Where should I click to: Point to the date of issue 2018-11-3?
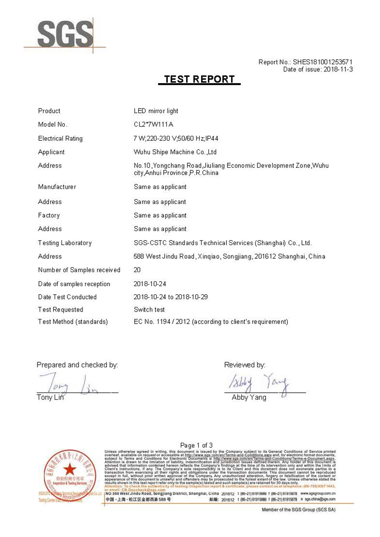[x=337, y=69]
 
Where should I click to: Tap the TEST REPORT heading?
[x=200, y=80]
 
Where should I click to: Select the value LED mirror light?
[x=156, y=111]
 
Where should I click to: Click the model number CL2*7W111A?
[x=154, y=125]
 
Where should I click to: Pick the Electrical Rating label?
[x=60, y=138]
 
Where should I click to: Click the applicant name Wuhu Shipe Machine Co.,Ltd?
[x=175, y=152]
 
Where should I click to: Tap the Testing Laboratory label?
[x=65, y=243]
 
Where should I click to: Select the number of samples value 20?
[x=137, y=270]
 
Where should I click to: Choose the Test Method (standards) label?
[x=73, y=322]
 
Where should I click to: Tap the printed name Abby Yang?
[x=249, y=398]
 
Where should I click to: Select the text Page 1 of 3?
[x=197, y=445]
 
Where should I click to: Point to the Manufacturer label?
[x=57, y=187]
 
